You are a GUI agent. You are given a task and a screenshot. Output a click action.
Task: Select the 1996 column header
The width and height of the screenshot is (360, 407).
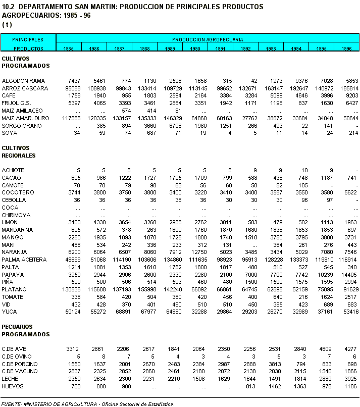346,48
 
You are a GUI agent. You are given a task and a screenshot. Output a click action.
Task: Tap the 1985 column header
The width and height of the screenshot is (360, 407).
69,48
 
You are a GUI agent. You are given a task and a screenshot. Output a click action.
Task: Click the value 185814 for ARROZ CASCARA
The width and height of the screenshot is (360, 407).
348,88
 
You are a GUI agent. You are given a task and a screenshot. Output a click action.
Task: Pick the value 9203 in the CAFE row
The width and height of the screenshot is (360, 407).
350,95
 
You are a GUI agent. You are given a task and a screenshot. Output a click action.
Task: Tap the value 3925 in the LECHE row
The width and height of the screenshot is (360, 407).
350,379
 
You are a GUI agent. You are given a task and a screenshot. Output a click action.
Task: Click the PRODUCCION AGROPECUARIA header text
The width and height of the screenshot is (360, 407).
208,39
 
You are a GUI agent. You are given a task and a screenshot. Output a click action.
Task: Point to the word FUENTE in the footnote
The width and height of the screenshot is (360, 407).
11,404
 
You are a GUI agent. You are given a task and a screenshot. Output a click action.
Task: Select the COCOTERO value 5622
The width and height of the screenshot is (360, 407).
350,192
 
